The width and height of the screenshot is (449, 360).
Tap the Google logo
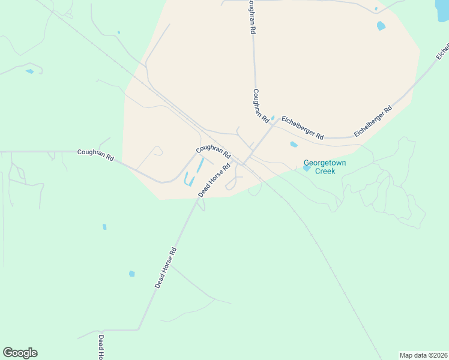[20, 353]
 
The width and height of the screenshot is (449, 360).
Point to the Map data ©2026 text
[423, 355]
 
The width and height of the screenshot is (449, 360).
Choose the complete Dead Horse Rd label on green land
[166, 268]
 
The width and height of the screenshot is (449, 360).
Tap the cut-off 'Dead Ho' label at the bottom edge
[101, 347]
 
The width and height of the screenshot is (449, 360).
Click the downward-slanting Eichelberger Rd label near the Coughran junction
[303, 128]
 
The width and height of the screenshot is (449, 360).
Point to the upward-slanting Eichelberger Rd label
[373, 121]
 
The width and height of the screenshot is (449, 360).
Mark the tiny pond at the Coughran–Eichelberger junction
[273, 118]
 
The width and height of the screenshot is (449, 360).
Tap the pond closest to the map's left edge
[29, 71]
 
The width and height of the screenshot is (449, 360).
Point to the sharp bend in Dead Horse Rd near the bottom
[139, 329]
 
